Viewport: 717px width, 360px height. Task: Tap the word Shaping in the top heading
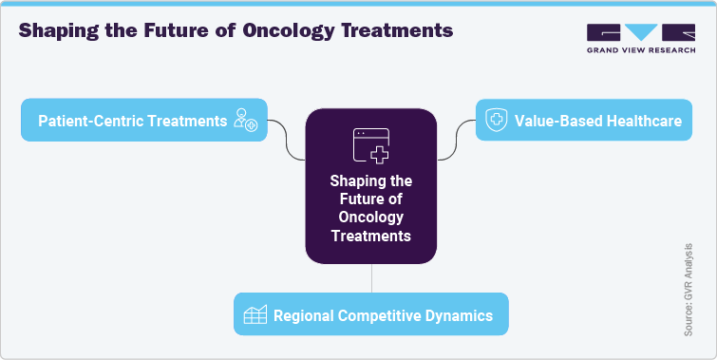58,30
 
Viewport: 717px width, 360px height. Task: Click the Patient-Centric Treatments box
143,121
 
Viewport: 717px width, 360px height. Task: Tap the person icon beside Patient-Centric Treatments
245,121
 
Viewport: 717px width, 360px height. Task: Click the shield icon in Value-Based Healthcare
496,121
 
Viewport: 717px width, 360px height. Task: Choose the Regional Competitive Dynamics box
370,314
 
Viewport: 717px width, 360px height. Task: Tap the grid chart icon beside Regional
254,315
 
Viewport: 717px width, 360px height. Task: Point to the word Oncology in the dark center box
370,218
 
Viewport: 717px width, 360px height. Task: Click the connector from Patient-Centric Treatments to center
286,139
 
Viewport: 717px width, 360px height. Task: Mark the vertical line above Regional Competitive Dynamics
370,278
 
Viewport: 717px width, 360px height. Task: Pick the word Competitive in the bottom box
389,315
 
